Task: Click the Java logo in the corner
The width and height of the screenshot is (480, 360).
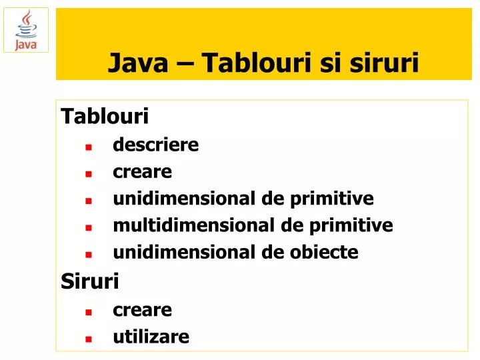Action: [26, 30]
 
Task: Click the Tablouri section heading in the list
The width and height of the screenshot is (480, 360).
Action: [105, 117]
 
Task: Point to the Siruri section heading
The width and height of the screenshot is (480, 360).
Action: [90, 282]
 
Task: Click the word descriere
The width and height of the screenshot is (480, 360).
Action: [156, 145]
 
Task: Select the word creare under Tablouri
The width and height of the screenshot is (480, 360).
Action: [143, 172]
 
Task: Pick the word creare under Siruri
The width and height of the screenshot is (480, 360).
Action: [143, 310]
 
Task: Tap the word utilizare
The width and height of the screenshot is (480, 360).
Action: [151, 337]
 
